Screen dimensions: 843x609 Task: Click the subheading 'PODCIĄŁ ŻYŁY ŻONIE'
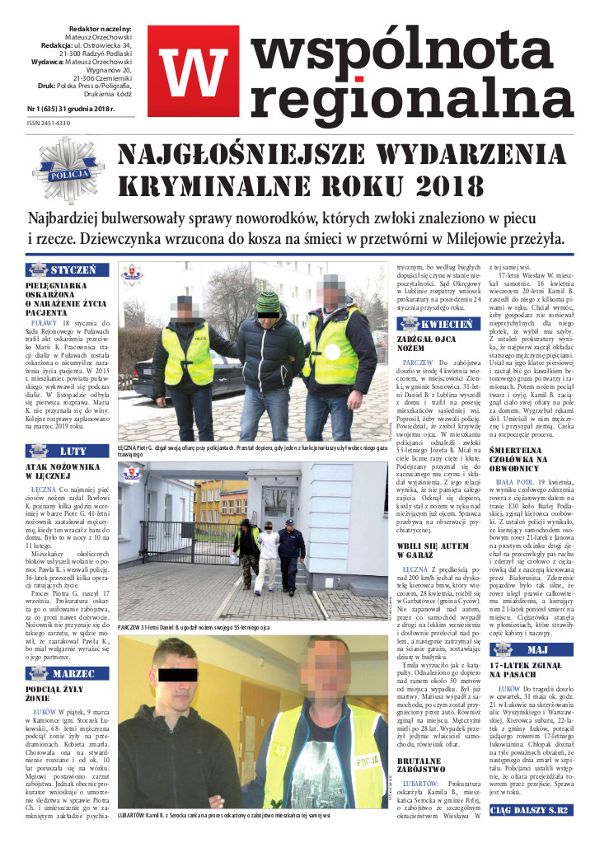pos(59,694)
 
